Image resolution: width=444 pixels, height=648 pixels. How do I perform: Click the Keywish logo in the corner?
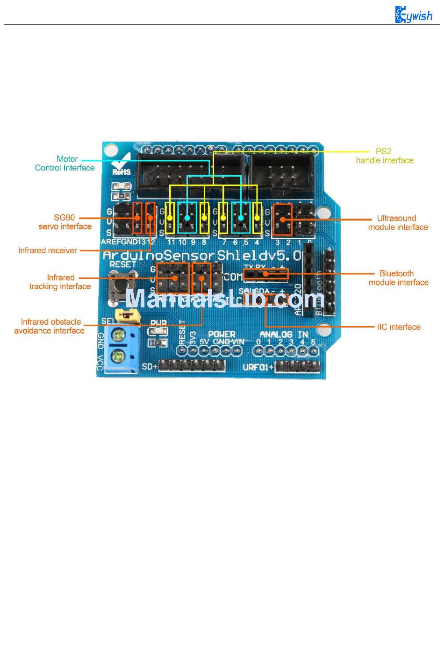(414, 15)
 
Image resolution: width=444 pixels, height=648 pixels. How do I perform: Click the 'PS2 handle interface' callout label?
(384, 156)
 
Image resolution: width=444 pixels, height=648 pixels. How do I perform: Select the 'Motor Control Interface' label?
(65, 163)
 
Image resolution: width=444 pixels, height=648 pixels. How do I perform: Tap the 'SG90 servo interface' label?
(64, 222)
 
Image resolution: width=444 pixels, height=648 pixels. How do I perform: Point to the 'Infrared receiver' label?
(48, 250)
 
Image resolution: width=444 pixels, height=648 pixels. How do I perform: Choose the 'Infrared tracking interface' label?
(60, 282)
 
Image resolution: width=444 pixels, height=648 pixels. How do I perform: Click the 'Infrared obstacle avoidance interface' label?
(50, 326)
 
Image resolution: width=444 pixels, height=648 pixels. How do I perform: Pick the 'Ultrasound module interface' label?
(398, 222)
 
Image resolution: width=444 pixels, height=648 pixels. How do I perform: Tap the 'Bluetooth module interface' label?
(398, 278)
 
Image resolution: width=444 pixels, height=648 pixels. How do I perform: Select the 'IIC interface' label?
(399, 327)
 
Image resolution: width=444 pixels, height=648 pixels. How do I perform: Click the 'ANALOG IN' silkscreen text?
(284, 335)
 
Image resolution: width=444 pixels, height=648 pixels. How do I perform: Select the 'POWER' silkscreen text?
(222, 334)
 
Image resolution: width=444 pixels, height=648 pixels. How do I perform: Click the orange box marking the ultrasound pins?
(283, 219)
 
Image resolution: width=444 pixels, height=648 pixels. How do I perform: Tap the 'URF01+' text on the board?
(258, 367)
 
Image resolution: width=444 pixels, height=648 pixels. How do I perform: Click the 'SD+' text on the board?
(150, 366)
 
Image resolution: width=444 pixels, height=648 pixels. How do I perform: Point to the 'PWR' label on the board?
(158, 323)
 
